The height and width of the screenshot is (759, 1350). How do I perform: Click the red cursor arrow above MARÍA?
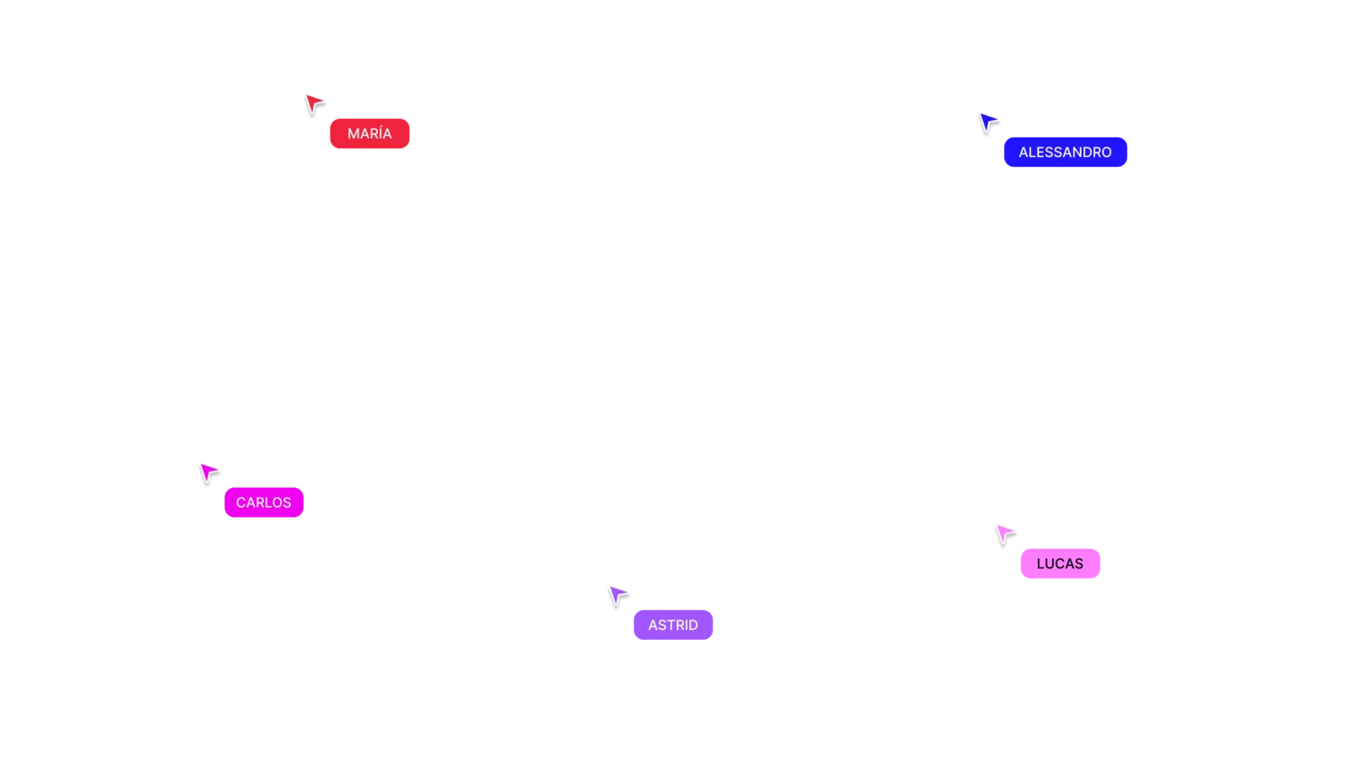pos(314,103)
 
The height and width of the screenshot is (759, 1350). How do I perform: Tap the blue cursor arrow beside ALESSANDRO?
pos(985,121)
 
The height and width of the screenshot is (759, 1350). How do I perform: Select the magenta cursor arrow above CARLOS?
pos(208,471)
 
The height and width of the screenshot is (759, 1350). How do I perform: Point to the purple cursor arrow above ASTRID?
pos(618,594)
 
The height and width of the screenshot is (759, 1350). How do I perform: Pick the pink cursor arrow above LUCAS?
pos(1004,533)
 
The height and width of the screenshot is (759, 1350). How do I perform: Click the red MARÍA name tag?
pos(370,133)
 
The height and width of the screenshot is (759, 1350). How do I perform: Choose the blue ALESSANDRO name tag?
pos(1065,153)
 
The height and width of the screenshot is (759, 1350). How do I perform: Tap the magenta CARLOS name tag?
pos(263,503)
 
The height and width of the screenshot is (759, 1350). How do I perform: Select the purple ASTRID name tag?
pos(673,625)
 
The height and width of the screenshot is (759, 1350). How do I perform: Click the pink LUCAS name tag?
pos(1060,564)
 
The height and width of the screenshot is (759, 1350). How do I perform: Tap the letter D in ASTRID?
pos(693,625)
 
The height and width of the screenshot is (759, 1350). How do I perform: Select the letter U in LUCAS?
pos(1051,564)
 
